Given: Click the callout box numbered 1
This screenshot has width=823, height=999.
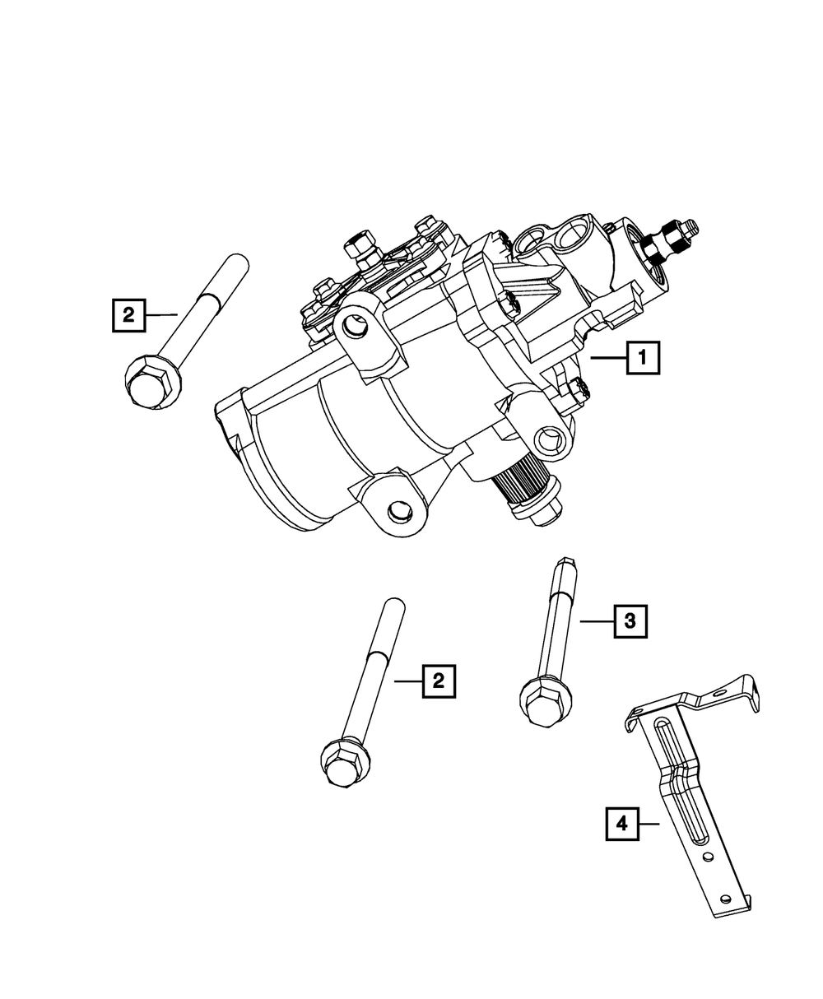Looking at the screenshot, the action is pyautogui.click(x=643, y=358).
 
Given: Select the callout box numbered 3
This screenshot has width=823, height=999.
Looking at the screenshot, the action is pyautogui.click(x=630, y=621).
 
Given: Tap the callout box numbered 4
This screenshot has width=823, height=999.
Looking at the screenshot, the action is pyautogui.click(x=622, y=824).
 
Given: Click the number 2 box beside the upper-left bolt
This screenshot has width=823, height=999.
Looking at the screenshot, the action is pyautogui.click(x=128, y=315).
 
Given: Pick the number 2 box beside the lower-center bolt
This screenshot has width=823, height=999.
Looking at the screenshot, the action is pyautogui.click(x=439, y=681).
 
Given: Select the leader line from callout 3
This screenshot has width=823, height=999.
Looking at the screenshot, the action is pyautogui.click(x=597, y=621).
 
